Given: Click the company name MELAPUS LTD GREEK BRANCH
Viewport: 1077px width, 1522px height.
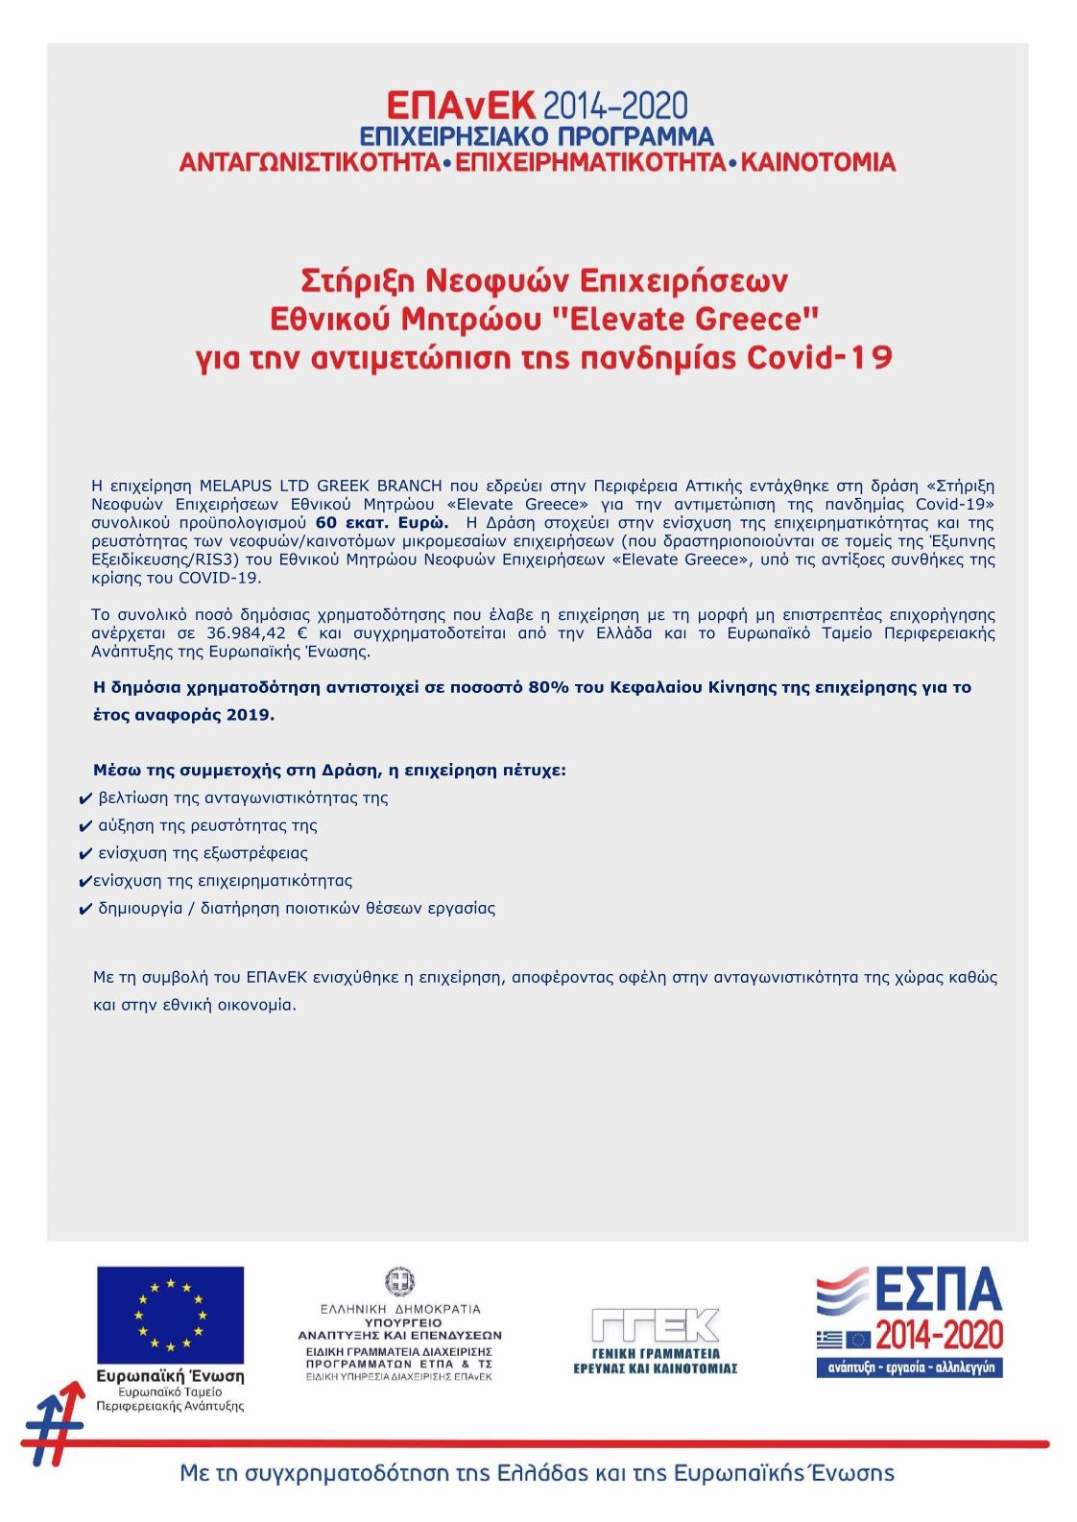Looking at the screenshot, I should pos(321,486).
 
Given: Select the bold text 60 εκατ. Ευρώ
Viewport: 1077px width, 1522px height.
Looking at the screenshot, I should pos(382,523).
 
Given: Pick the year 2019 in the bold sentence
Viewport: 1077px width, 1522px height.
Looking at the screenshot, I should pos(250,715).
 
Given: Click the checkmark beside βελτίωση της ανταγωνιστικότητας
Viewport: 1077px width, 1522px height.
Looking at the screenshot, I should pos(85,799).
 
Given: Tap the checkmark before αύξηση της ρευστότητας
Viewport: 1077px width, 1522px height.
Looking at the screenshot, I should pos(85,827).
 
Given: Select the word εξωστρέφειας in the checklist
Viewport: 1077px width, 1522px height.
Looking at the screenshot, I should pos(255,853).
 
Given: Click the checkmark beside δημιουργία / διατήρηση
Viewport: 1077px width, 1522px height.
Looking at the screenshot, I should pos(85,910).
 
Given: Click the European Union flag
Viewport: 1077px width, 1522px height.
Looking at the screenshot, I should pos(170,1314).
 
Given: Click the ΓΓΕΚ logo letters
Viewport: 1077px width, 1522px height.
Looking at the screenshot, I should pos(655,1325).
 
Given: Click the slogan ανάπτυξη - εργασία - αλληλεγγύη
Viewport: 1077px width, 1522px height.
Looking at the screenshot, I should pos(911,1367).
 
